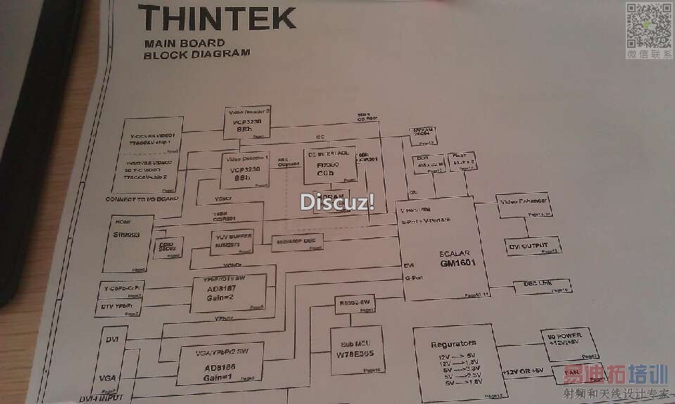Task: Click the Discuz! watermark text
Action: click(337, 201)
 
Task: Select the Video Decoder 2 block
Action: click(248, 123)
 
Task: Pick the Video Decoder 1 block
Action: click(246, 170)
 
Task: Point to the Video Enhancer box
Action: click(522, 205)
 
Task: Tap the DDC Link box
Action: click(542, 286)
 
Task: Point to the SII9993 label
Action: click(127, 235)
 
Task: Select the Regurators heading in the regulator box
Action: click(453, 343)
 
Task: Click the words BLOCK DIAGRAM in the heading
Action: click(196, 53)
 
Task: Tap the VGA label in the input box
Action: click(108, 378)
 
